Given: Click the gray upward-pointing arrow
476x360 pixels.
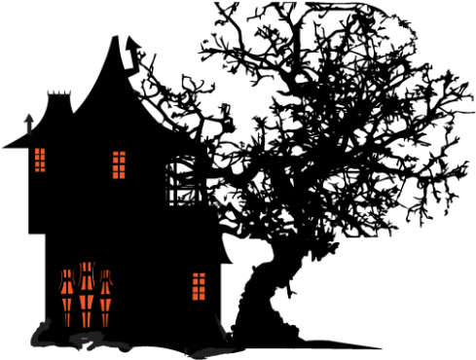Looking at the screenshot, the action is point(29,124).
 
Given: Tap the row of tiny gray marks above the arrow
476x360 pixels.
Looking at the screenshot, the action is point(58,93).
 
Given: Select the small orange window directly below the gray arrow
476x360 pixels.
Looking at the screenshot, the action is point(40,160).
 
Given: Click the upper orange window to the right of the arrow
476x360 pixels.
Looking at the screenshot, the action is point(119,164).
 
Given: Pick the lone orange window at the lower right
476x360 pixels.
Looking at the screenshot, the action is point(199,286).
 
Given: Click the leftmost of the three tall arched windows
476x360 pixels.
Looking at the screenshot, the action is point(67,297).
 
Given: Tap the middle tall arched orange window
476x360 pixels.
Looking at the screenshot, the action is point(87,294).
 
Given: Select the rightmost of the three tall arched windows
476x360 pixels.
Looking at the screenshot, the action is point(105,297).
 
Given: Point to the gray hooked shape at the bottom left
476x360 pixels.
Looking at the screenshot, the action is point(41,335).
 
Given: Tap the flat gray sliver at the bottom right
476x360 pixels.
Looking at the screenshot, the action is point(209,352).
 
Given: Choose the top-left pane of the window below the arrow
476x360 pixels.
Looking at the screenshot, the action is point(37,152).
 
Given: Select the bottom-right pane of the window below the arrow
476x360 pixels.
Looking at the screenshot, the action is point(43,168).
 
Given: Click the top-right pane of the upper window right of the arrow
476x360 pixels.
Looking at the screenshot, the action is point(123,155).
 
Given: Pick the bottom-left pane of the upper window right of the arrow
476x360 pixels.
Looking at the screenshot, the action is point(115,175).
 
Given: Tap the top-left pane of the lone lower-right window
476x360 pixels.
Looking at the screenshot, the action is point(196,276).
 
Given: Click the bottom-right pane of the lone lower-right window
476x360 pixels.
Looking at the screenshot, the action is point(202,296).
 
